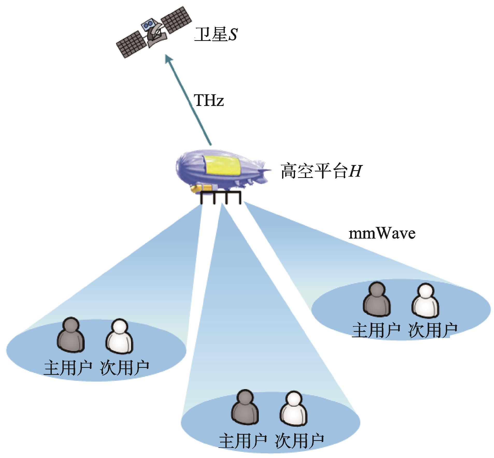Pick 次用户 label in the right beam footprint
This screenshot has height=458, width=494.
433,330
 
